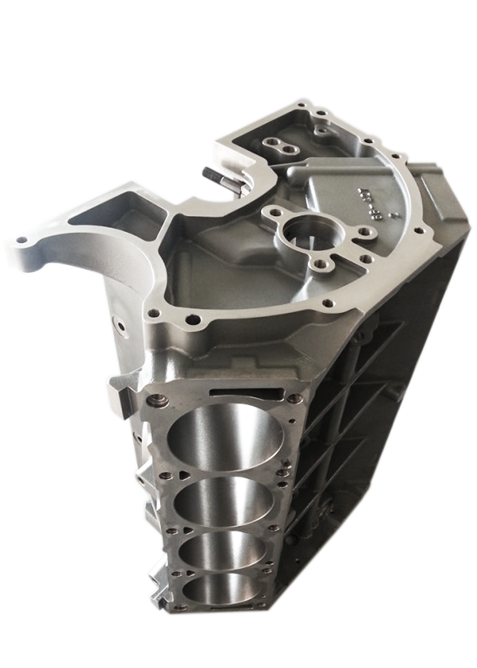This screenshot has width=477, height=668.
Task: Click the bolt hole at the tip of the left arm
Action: [21, 239]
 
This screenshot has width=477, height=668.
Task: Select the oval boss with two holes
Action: [280, 145]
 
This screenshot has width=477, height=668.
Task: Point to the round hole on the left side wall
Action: [121, 326]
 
